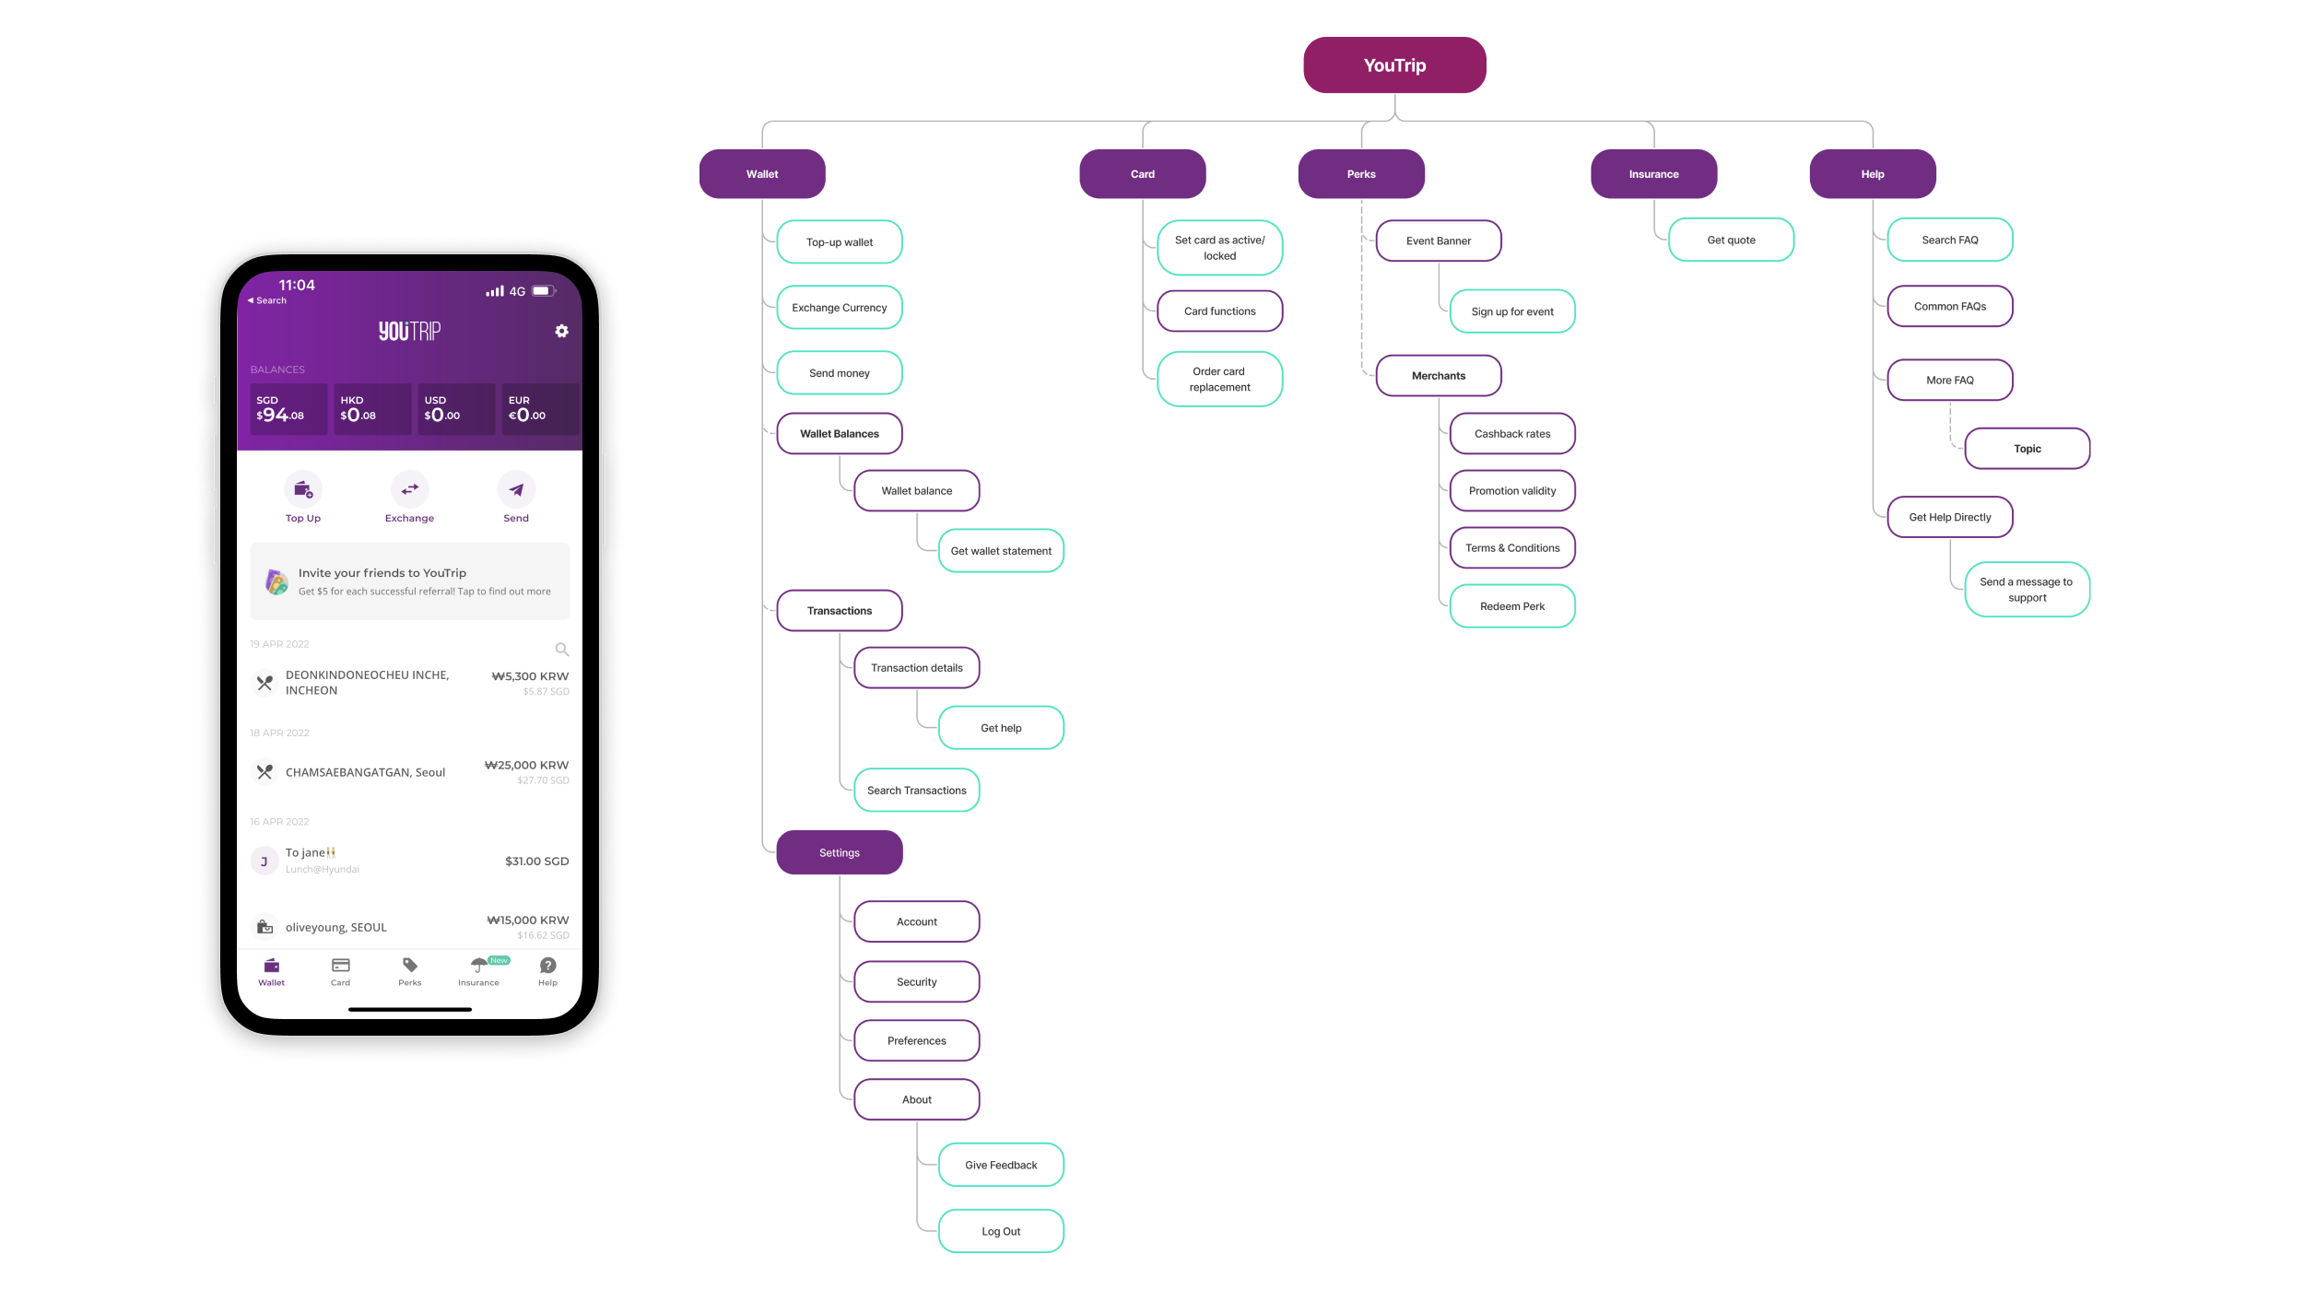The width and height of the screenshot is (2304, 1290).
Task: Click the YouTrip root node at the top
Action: pos(1394,65)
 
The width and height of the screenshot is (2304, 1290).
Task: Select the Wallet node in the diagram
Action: pos(762,174)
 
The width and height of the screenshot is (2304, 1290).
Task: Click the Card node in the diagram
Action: pos(1142,174)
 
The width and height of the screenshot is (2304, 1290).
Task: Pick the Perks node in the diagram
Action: pos(1360,174)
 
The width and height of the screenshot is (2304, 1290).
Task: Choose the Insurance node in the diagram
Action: pos(1653,174)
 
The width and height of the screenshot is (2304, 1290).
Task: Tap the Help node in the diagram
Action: pos(1872,174)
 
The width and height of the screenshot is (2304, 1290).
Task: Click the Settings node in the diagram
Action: pos(839,853)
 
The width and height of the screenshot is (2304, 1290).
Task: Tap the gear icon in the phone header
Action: pos(561,332)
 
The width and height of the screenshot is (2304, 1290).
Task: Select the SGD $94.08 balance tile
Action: pos(288,409)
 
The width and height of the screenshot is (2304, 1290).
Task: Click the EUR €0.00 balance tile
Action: pos(539,409)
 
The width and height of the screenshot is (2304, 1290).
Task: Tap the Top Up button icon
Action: pos(302,490)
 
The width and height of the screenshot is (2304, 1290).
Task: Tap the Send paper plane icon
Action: pos(516,490)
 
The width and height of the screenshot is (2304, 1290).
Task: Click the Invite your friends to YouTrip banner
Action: pos(410,581)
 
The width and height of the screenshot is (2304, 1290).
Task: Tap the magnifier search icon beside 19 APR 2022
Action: pos(561,650)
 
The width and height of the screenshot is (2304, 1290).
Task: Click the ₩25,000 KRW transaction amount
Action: pos(527,766)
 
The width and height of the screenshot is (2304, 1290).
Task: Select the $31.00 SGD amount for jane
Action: pos(536,862)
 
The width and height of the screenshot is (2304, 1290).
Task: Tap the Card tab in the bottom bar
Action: pos(340,971)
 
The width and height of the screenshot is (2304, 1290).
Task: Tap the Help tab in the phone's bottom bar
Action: pos(547,971)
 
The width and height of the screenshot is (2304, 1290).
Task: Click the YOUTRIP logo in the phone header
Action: pos(409,332)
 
